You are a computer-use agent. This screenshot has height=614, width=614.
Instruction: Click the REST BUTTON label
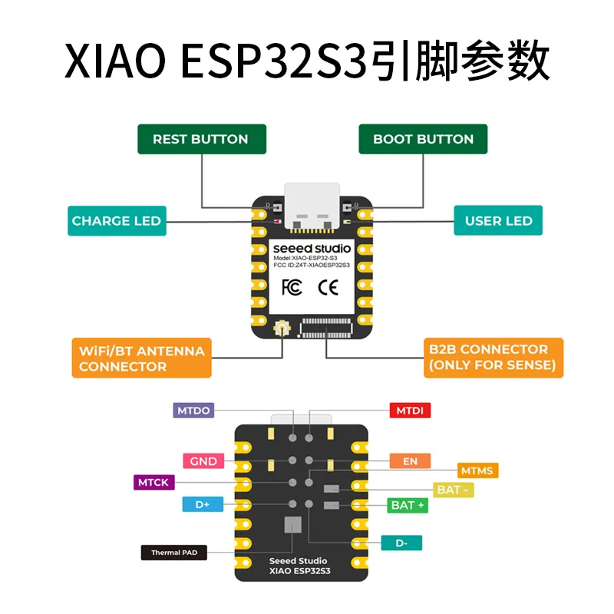(200, 140)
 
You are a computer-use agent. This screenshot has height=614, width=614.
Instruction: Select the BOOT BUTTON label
(423, 140)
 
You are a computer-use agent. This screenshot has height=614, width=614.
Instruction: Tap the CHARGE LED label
(117, 221)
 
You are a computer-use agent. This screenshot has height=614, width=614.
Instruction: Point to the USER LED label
(498, 221)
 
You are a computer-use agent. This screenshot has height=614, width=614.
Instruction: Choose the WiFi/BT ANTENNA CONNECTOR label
(142, 358)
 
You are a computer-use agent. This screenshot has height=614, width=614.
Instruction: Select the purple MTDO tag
(193, 411)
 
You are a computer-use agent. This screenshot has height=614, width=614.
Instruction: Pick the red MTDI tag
(411, 411)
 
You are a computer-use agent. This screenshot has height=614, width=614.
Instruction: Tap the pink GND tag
(203, 461)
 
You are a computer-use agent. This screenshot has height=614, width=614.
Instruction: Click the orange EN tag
(411, 461)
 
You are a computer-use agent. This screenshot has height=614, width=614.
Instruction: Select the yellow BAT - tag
(453, 489)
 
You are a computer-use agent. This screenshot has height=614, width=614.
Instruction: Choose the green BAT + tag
(408, 505)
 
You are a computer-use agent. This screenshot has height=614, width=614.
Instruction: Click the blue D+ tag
(203, 504)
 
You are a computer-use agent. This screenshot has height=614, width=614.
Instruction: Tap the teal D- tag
(401, 543)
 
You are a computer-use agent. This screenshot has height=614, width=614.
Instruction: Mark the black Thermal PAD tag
(174, 553)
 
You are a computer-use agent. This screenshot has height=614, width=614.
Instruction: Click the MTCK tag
(153, 483)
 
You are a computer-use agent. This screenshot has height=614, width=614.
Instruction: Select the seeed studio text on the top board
(312, 249)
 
